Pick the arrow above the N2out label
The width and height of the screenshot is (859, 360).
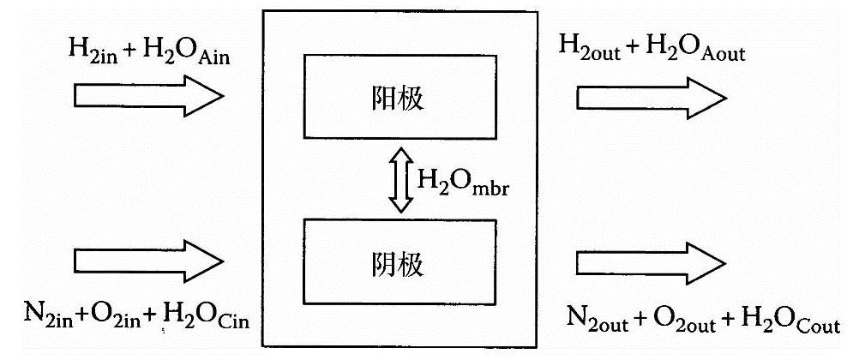click(x=652, y=261)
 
